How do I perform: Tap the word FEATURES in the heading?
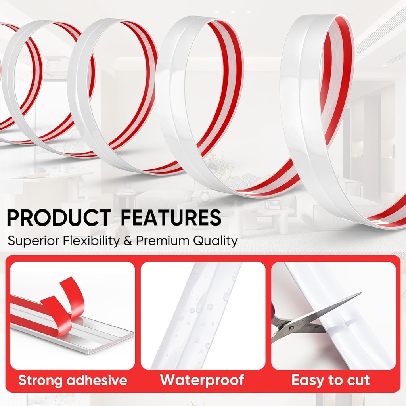171,218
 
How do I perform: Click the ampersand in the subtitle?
128,241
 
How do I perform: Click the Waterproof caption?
202,380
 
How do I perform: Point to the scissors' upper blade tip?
359,294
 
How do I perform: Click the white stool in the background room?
285,224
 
